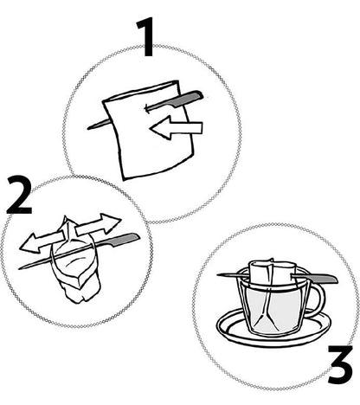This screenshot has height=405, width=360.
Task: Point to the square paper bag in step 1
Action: pyautogui.click(x=144, y=147)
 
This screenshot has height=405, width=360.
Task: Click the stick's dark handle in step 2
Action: pyautogui.click(x=126, y=238)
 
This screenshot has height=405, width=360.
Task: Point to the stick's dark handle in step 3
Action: pyautogui.click(x=322, y=278)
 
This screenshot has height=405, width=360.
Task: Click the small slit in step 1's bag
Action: pyautogui.click(x=151, y=109)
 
